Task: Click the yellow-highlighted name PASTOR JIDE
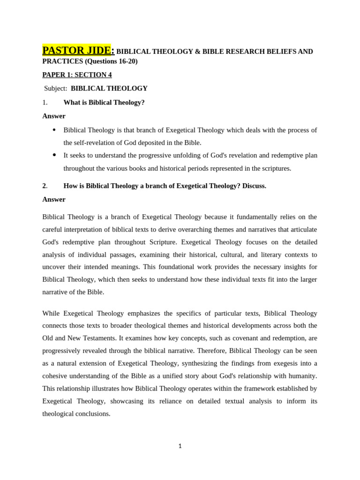coord(76,51)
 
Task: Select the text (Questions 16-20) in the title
coord(111,61)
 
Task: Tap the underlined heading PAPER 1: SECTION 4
coord(77,75)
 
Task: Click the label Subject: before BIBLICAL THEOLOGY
coord(56,89)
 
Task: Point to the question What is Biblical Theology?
coord(104,103)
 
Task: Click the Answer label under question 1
coord(54,116)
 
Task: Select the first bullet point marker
coord(54,130)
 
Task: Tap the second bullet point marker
coord(54,155)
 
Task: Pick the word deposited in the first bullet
coord(152,143)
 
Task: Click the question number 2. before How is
coord(45,186)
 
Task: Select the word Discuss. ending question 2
coord(254,186)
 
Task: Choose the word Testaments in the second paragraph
coord(100,338)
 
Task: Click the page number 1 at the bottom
coord(180,446)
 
